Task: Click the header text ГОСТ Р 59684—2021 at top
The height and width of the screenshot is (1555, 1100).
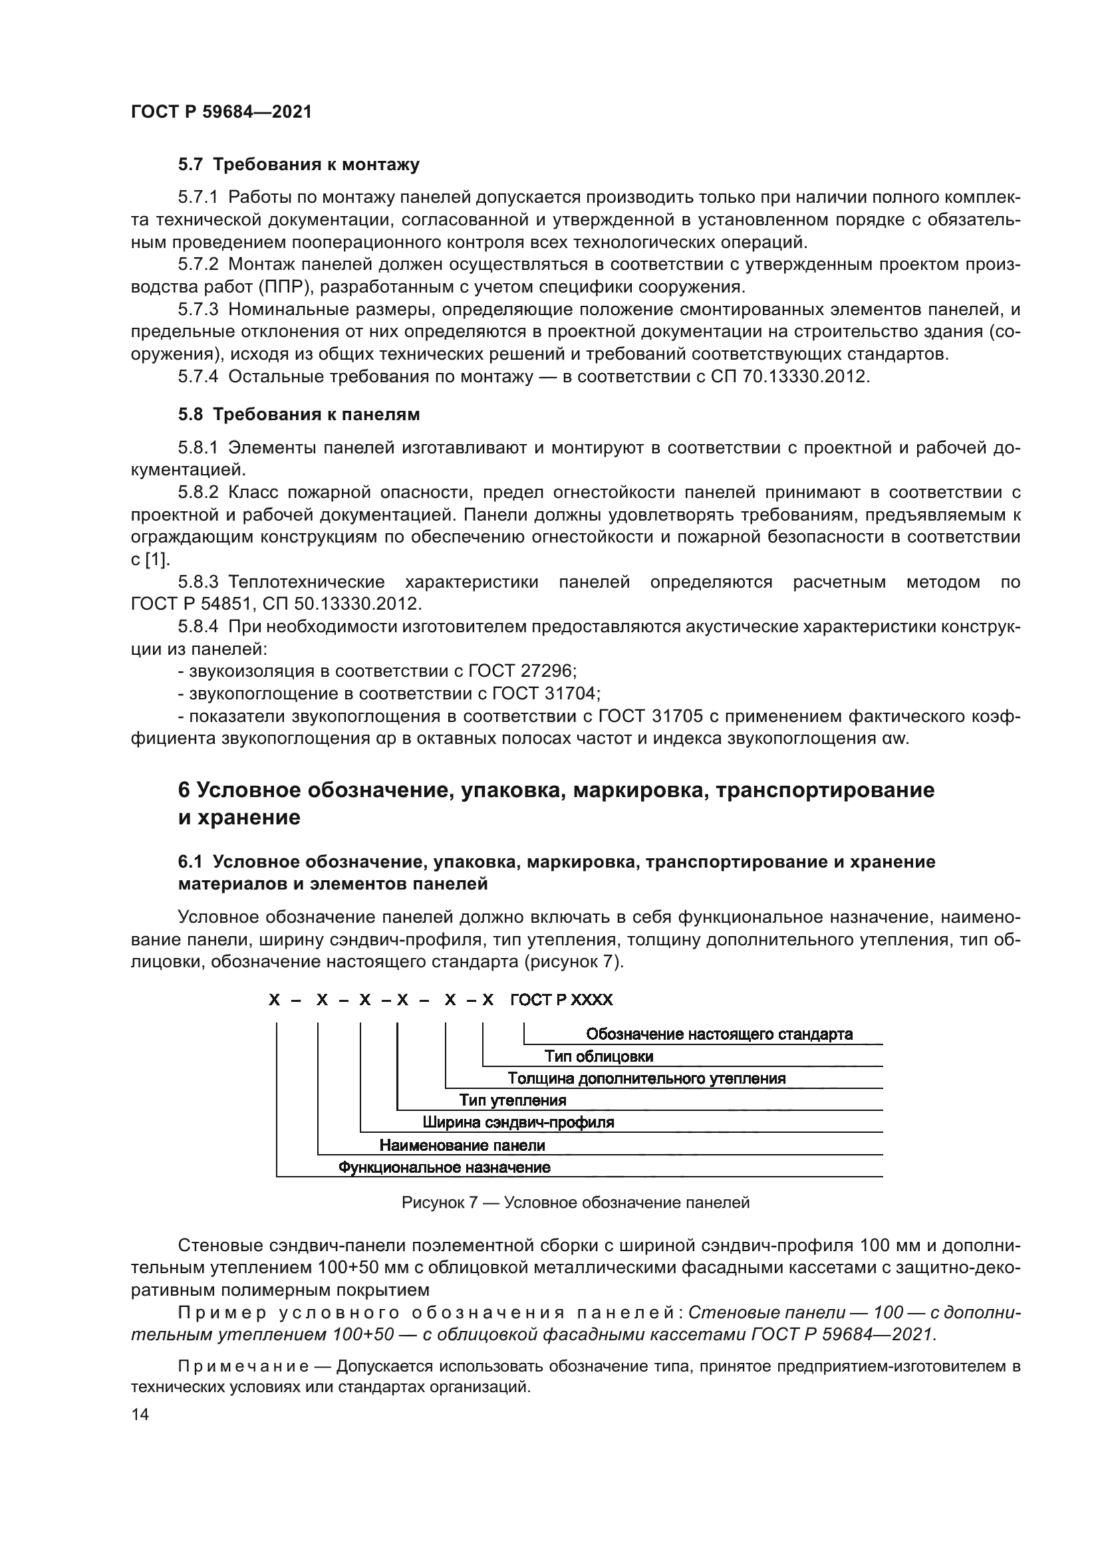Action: [221, 112]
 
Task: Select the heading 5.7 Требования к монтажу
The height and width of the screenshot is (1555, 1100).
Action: [299, 165]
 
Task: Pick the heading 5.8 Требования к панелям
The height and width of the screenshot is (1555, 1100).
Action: [299, 414]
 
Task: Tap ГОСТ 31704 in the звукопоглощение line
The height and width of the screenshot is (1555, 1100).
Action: [545, 693]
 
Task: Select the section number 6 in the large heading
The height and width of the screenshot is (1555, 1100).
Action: [184, 790]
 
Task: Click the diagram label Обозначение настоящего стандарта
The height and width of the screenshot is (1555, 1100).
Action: [719, 1034]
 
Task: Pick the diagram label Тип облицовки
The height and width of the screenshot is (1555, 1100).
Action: [599, 1056]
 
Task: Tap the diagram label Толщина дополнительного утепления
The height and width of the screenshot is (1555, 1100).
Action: [646, 1079]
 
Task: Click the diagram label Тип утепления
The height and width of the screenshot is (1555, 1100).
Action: [513, 1100]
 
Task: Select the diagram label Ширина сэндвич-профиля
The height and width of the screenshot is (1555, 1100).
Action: [518, 1123]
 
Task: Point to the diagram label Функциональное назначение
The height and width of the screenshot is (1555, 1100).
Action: [444, 1167]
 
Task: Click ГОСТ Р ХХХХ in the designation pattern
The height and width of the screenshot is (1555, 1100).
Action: [561, 1001]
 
